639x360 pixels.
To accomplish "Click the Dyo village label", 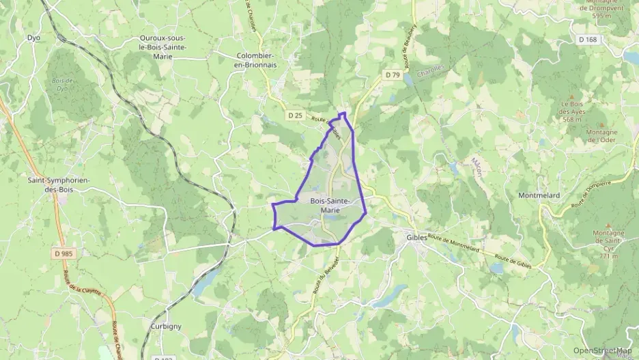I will (x=33, y=38).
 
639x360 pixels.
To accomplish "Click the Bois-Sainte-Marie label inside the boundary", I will (x=331, y=205).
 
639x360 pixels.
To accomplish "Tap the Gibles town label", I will (x=416, y=237).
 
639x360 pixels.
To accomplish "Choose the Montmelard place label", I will (x=540, y=195).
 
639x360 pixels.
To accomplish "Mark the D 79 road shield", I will (x=392, y=74).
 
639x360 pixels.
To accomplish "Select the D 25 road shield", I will (x=295, y=115).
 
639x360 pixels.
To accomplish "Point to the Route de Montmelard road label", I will (x=455, y=243).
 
